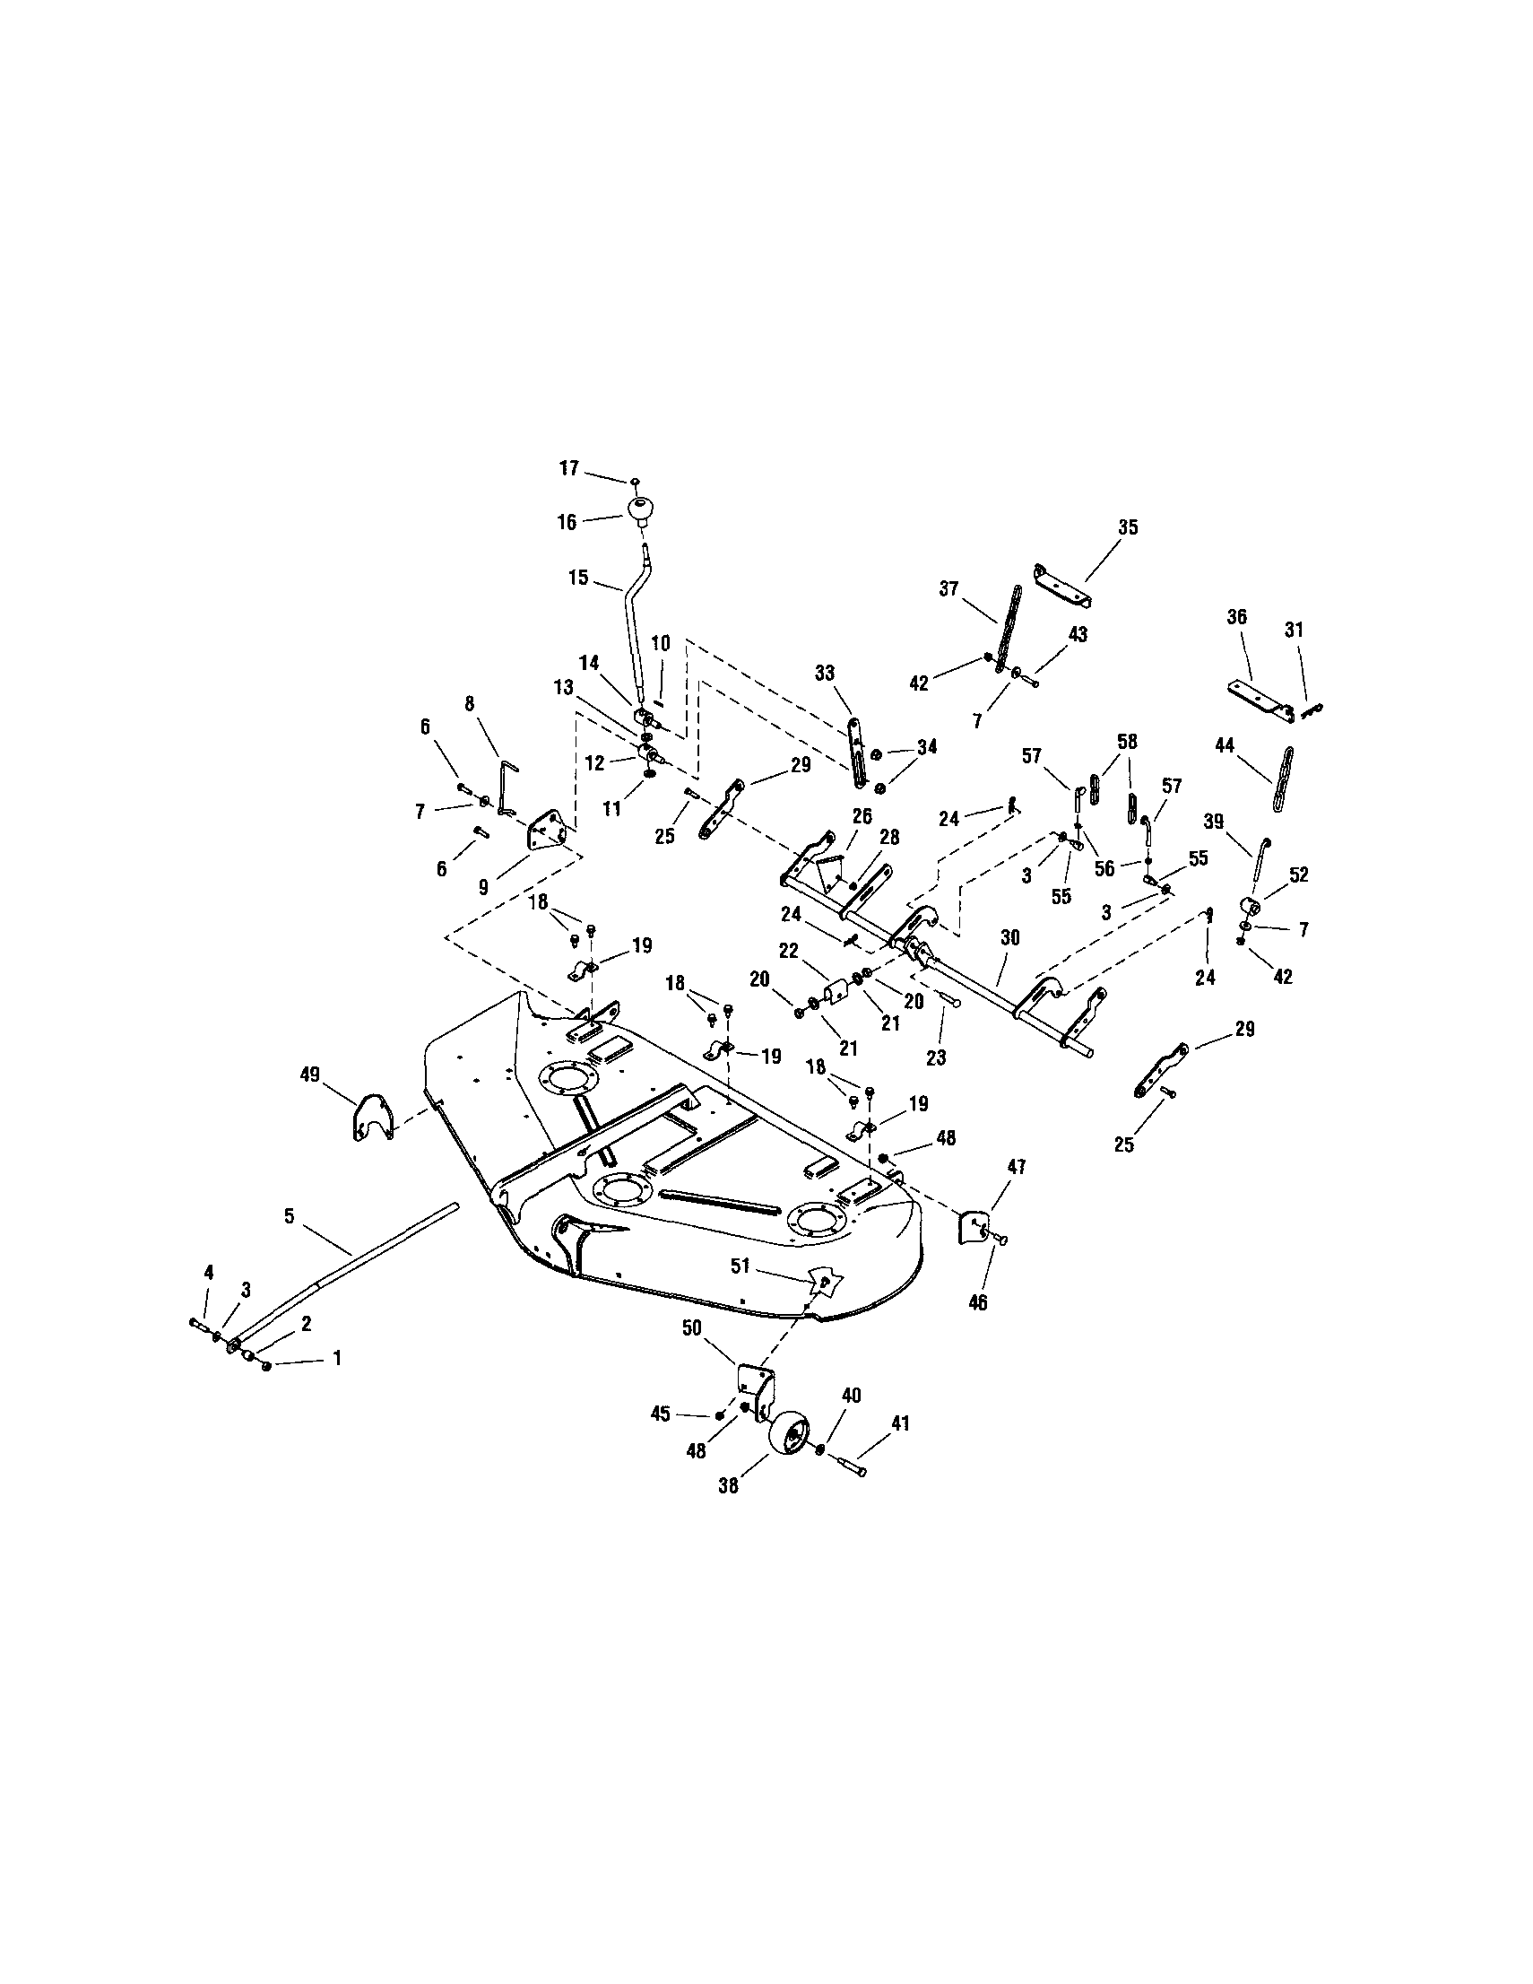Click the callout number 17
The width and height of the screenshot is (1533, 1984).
[x=568, y=469]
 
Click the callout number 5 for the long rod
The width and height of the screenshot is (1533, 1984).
[x=290, y=1215]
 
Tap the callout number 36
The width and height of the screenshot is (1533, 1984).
[x=1236, y=617]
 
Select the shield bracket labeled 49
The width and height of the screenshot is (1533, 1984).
[x=372, y=1118]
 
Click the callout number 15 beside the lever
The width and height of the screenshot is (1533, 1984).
[x=578, y=577]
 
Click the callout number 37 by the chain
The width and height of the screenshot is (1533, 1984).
[x=949, y=588]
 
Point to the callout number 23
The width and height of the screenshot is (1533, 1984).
[x=935, y=1057]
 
